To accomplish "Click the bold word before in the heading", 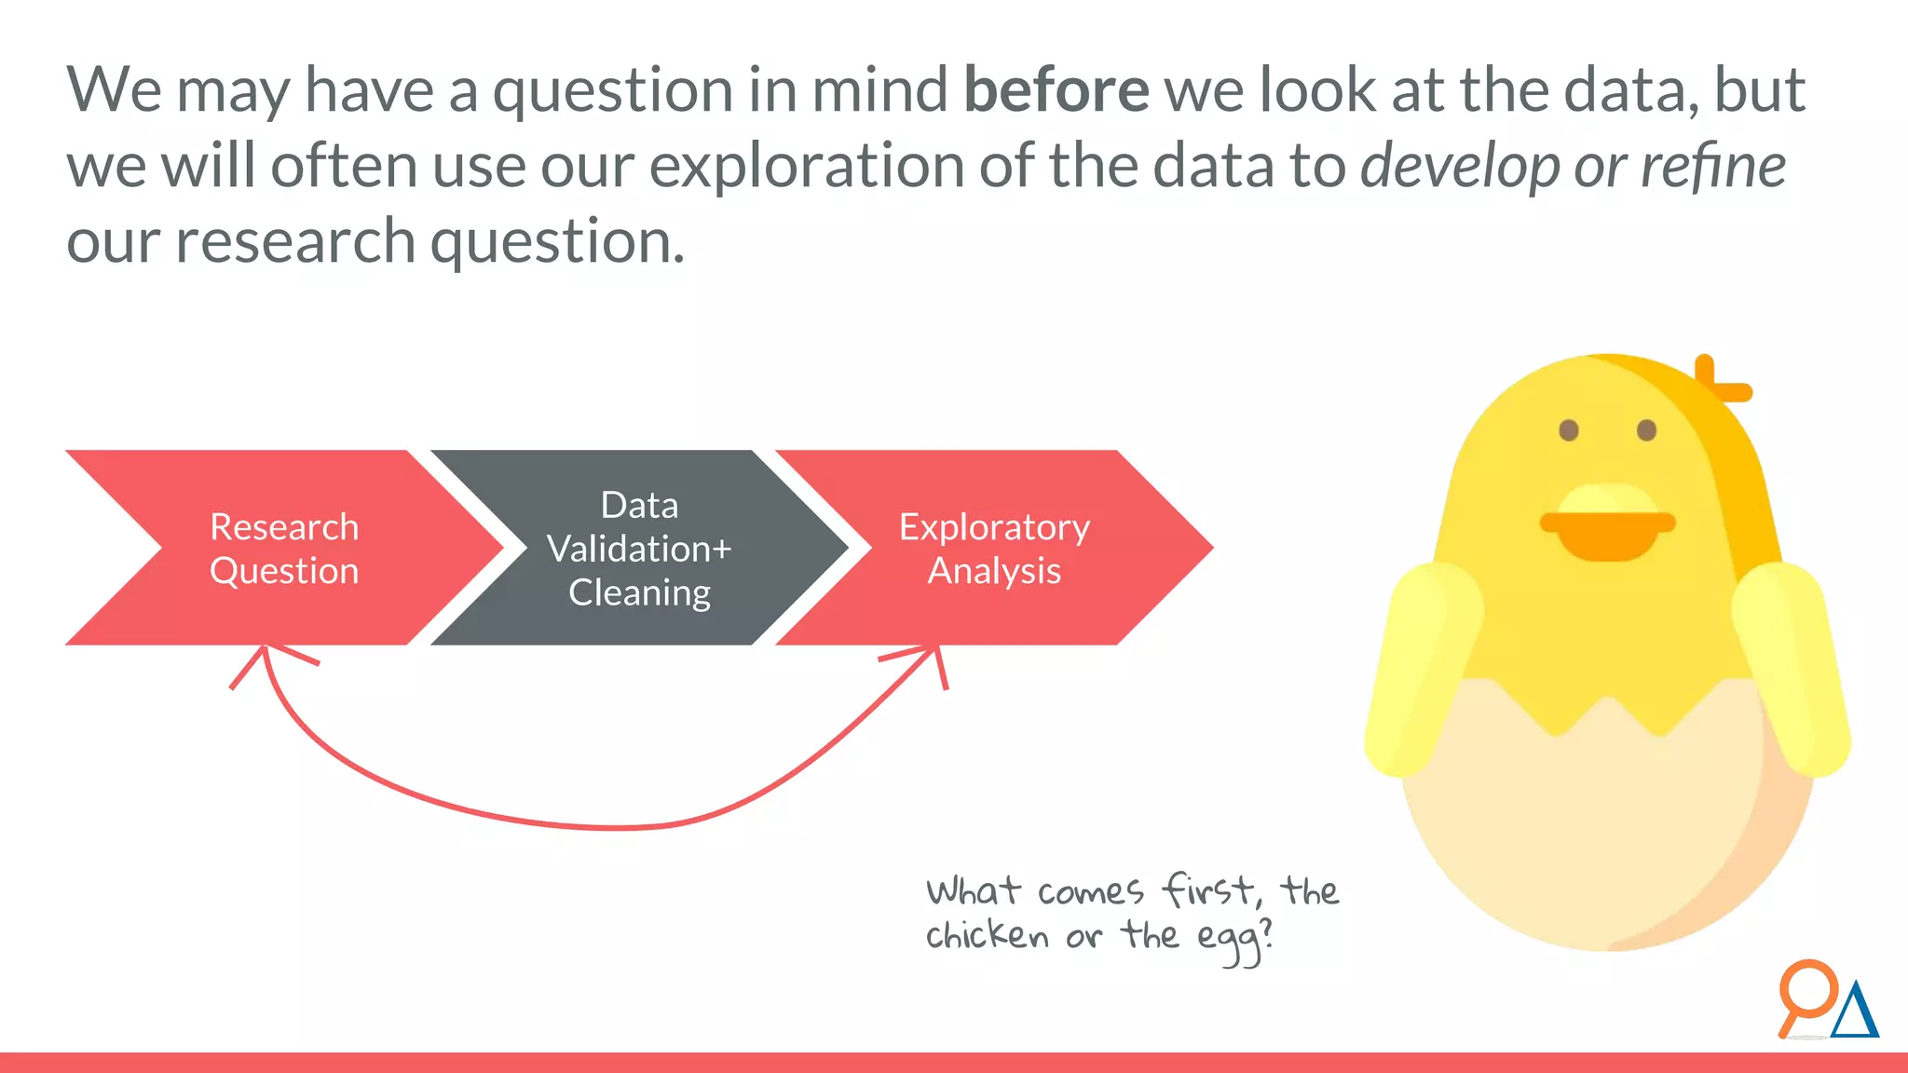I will [x=1056, y=90].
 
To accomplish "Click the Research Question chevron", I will [x=284, y=549].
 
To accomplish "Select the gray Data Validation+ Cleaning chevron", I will [x=639, y=549].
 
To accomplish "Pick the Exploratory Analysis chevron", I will [x=993, y=549].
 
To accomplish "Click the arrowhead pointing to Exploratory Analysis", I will [x=928, y=656].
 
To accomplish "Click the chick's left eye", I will [x=1569, y=430].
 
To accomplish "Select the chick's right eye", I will [x=1646, y=430].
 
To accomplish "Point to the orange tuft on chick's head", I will [x=1720, y=381].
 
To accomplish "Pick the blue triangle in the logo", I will [x=1855, y=1012].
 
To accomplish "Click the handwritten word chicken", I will [x=987, y=935].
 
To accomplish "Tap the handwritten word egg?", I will [x=1233, y=939].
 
